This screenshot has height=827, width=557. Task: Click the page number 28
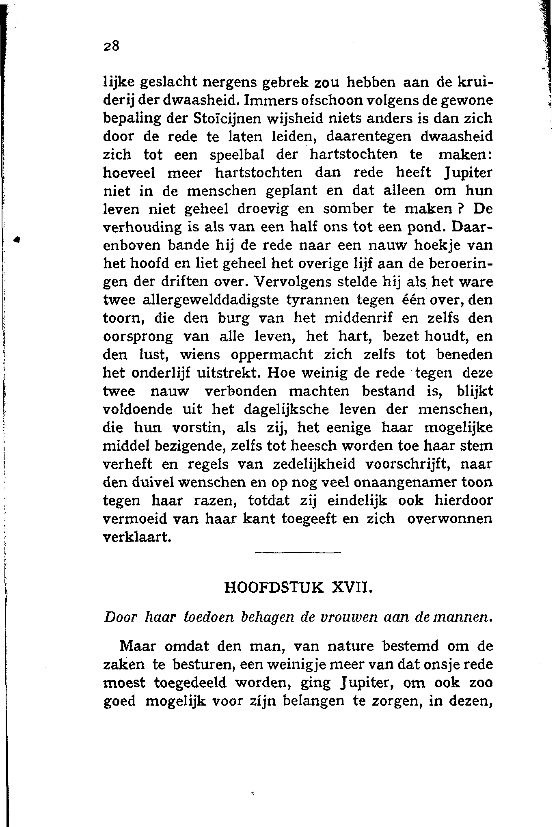110,46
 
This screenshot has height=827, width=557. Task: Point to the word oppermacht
272,354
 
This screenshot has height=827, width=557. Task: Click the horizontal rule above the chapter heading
298,552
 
